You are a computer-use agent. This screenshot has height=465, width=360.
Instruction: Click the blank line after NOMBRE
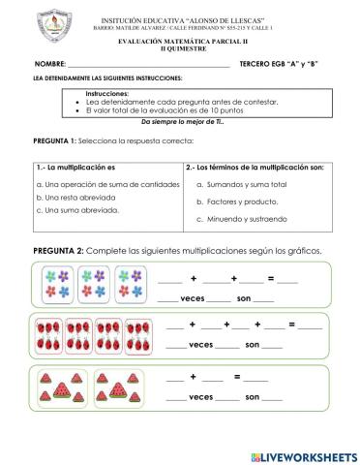pyautogui.click(x=145, y=66)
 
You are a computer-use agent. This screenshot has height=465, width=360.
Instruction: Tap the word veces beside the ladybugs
pyautogui.click(x=200, y=344)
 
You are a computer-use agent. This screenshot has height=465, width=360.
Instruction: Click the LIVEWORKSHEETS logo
pyautogui.click(x=304, y=454)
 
